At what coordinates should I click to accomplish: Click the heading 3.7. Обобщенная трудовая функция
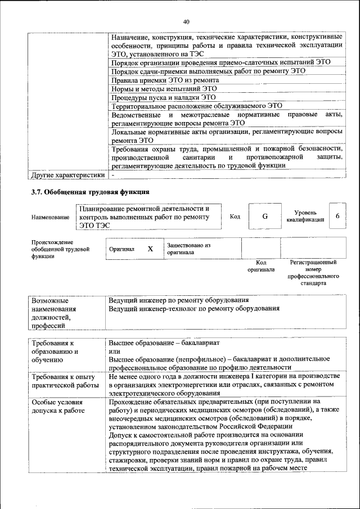pyautogui.click(x=90, y=192)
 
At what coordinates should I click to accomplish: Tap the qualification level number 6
pyautogui.click(x=337, y=217)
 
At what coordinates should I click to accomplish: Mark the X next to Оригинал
pyautogui.click(x=150, y=249)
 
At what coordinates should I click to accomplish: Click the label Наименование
pyautogui.click(x=51, y=217)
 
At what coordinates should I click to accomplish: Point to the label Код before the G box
pyautogui.click(x=235, y=217)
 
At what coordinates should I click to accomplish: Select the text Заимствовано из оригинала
pyautogui.click(x=188, y=249)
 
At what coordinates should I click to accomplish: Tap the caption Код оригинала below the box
pyautogui.click(x=261, y=266)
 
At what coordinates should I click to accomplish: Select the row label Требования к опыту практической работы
pyautogui.click(x=63, y=380)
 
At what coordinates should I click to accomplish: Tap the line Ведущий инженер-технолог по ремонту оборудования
pyautogui.click(x=193, y=308)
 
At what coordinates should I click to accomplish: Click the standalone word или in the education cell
pyautogui.click(x=114, y=350)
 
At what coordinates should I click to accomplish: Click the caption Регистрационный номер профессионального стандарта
pyautogui.click(x=313, y=273)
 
